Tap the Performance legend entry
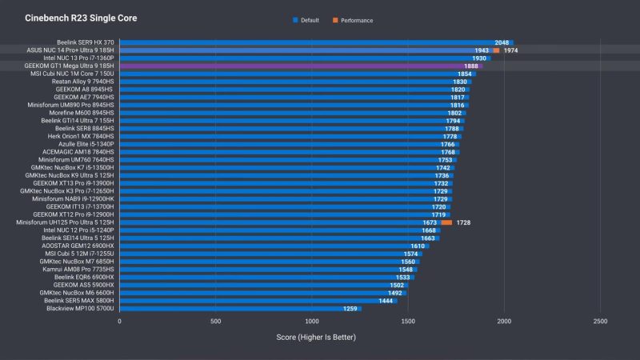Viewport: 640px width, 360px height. (x=356, y=20)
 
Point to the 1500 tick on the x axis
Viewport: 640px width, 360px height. (x=408, y=321)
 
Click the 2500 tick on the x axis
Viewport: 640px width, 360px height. (x=600, y=321)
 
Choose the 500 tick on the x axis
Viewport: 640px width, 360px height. (x=216, y=321)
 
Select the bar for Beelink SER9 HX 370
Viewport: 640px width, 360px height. (x=316, y=42)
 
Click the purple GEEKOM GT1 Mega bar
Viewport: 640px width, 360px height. (x=296, y=66)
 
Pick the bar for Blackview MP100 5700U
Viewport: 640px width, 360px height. (x=240, y=308)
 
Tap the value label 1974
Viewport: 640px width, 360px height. (x=511, y=50)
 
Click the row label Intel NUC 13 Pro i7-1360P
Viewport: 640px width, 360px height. (x=79, y=58)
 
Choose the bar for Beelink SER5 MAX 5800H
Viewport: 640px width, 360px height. (x=258, y=300)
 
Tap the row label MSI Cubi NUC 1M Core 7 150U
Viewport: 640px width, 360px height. (x=73, y=74)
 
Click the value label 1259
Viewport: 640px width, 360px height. (x=350, y=308)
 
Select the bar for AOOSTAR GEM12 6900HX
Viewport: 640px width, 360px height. (x=274, y=246)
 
